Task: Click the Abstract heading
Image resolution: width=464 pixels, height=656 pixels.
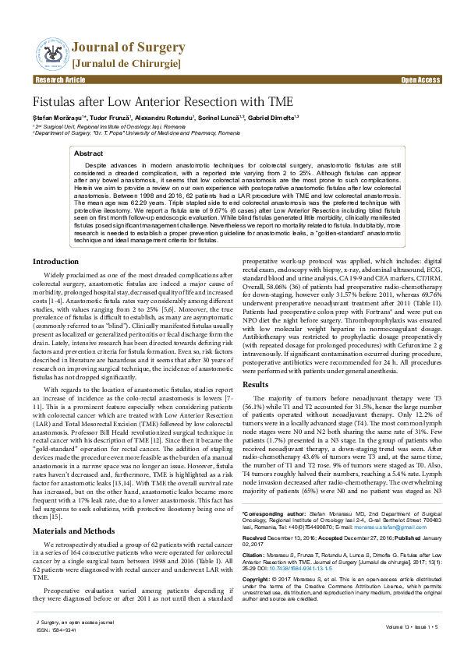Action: point(88,154)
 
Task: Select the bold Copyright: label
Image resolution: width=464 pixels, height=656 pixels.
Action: point(257,580)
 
